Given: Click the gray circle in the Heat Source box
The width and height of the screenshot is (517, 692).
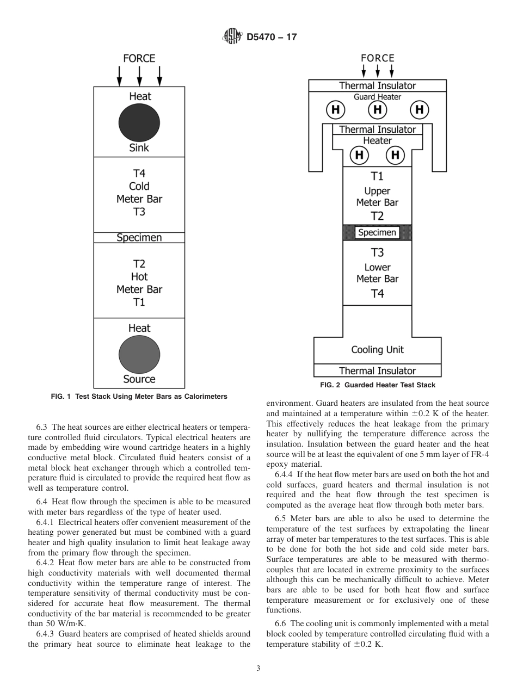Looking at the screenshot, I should tap(139, 354).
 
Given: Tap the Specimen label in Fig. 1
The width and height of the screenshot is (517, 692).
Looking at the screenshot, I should tap(139, 238).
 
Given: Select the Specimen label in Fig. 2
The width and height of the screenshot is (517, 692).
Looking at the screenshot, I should tap(377, 232).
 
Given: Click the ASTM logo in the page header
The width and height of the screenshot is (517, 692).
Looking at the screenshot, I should tap(232, 38).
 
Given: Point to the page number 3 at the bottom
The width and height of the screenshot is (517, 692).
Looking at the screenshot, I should tap(258, 668).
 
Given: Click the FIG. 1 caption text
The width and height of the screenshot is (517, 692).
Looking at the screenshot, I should tap(139, 397).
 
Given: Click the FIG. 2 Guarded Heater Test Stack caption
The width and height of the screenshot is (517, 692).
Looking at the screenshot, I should tap(377, 385).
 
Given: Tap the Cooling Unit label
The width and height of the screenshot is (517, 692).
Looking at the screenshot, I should tap(377, 350).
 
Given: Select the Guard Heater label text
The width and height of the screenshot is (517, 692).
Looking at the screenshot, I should tap(377, 97).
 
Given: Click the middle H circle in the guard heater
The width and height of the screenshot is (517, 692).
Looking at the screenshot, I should tap(377, 110).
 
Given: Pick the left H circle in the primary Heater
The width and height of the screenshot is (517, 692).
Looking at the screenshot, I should tap(359, 155).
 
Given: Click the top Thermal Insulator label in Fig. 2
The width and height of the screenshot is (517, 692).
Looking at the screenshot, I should tap(377, 85).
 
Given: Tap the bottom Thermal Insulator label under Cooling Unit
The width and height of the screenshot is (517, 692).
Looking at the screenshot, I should tap(377, 371).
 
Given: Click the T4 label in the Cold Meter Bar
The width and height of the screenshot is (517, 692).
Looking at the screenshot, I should tap(139, 174).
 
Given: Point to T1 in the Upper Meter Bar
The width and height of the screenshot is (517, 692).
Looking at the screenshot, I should tap(377, 176).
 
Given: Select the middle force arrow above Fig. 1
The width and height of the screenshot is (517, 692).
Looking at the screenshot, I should tap(139, 76).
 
